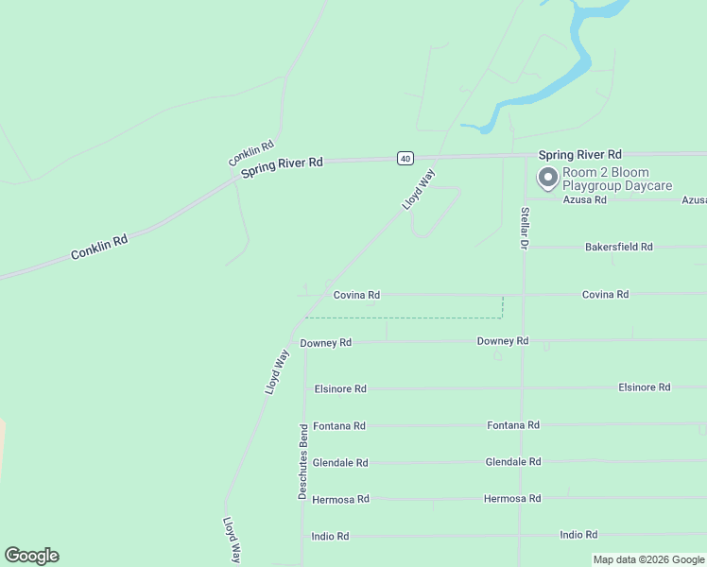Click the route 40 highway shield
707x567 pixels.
pos(405,158)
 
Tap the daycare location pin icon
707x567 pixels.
pos(547,177)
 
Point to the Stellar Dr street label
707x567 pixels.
pos(524,228)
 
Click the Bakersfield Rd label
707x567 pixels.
pos(619,247)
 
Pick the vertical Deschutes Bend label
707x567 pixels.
pos(303,461)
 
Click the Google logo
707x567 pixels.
pos(31,556)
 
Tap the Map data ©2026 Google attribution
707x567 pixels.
pos(649,559)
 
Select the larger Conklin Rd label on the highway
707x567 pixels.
pos(99,249)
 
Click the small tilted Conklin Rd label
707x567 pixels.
pos(251,153)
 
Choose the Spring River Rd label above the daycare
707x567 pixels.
pos(580,154)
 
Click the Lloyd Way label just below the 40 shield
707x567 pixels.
pos(418,189)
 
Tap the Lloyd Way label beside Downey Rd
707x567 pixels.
pos(277,372)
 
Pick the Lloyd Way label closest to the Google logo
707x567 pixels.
pos(232,541)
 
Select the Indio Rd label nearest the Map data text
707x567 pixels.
pos(578,535)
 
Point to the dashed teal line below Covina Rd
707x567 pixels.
pos(406,318)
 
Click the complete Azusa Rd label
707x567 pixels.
pos(584,200)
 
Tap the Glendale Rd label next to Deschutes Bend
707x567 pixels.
pos(340,463)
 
